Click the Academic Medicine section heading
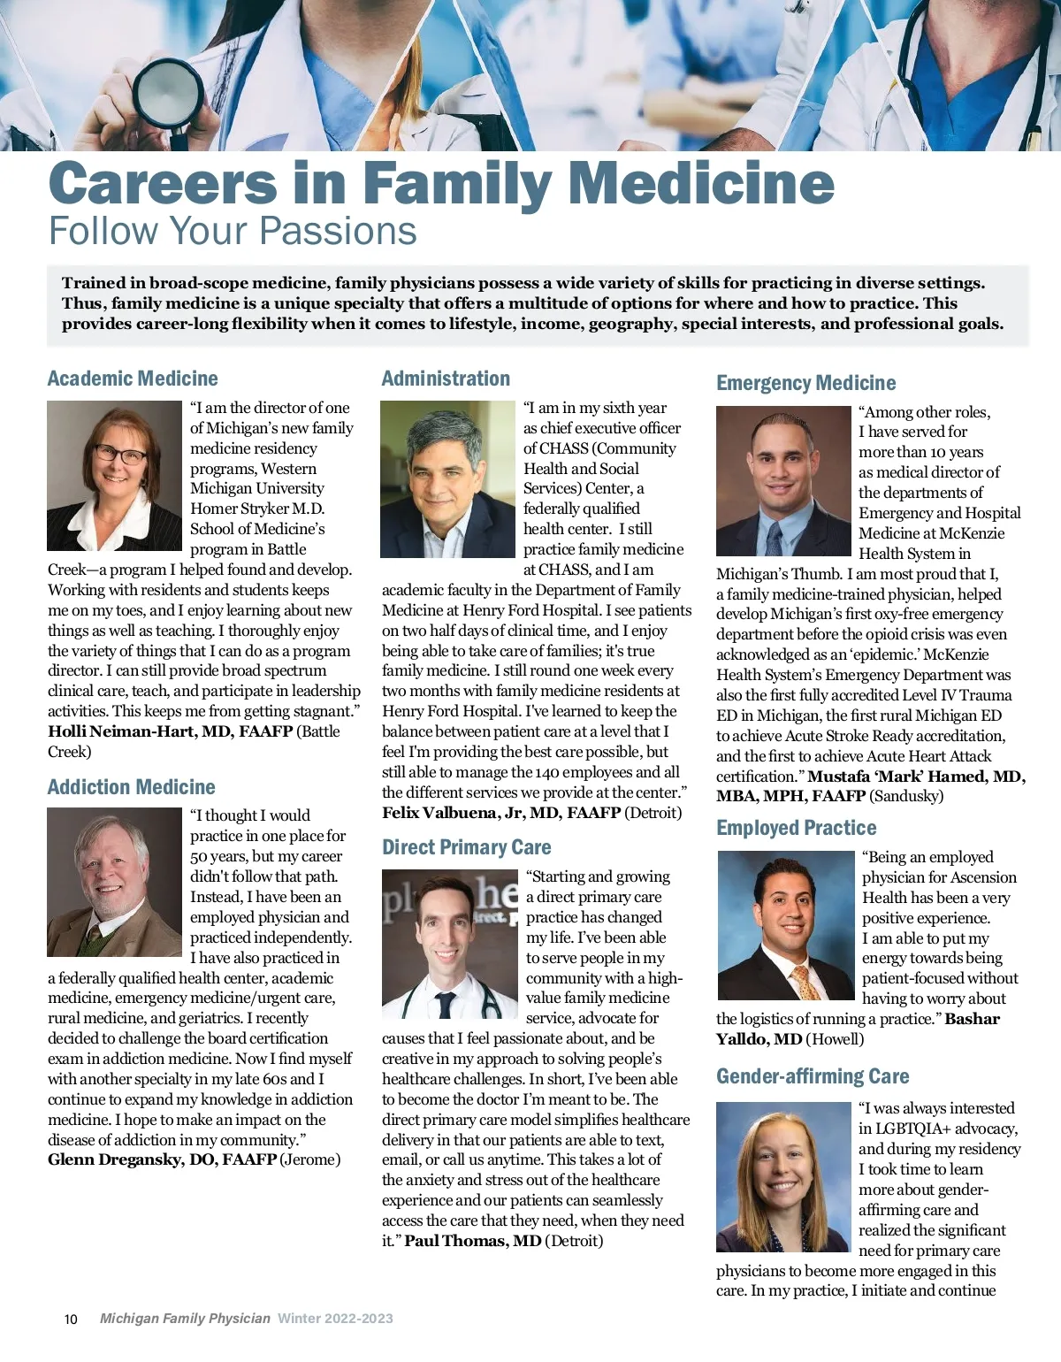[133, 379]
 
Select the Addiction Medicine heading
[132, 787]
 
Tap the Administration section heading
[446, 379]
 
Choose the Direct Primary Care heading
[466, 847]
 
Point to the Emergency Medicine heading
[805, 383]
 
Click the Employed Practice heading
[796, 828]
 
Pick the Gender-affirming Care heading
[813, 1076]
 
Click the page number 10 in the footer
[71, 1319]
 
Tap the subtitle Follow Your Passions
[233, 231]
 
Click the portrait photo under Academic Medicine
[114, 476]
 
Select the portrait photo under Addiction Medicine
[114, 882]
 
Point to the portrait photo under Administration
[447, 478]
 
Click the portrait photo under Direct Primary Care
[449, 944]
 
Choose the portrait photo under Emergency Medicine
[782, 481]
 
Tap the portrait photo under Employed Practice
[784, 925]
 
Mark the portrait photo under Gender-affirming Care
[782, 1176]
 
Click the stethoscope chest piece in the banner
[168, 93]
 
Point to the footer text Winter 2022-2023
[335, 1319]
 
